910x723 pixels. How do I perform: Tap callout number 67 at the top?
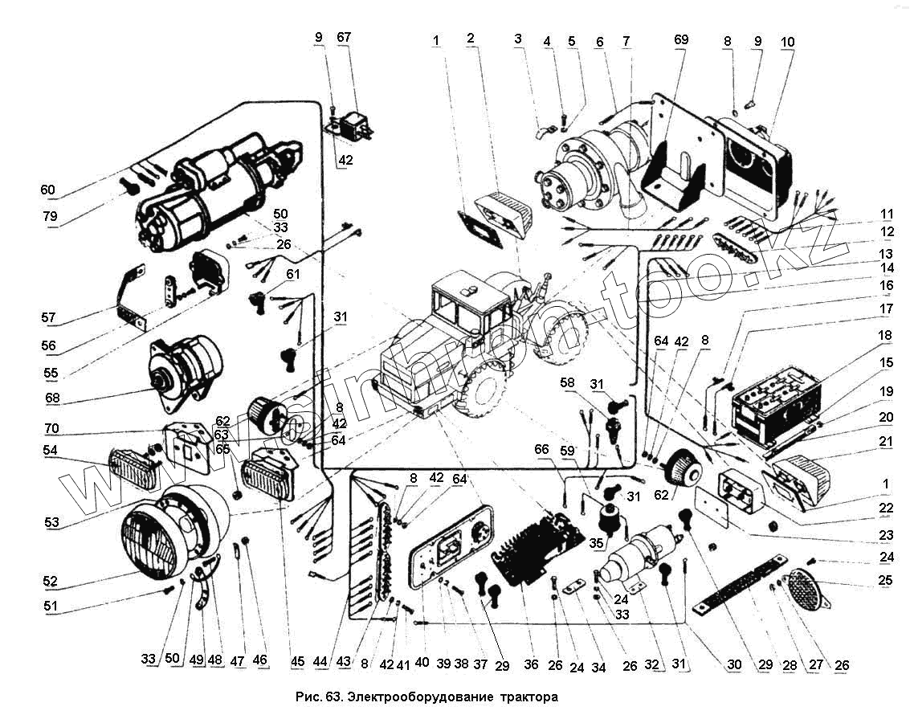(x=344, y=38)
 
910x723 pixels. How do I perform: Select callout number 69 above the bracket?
(x=680, y=39)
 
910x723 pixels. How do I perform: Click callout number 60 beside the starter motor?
(x=48, y=190)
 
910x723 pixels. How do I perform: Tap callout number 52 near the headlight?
(x=50, y=580)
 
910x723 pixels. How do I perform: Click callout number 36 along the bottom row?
(x=531, y=664)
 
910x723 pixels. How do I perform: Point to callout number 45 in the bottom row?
(x=298, y=662)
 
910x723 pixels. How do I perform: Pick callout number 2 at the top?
(x=471, y=38)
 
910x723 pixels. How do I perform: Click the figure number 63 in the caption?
(x=335, y=696)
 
